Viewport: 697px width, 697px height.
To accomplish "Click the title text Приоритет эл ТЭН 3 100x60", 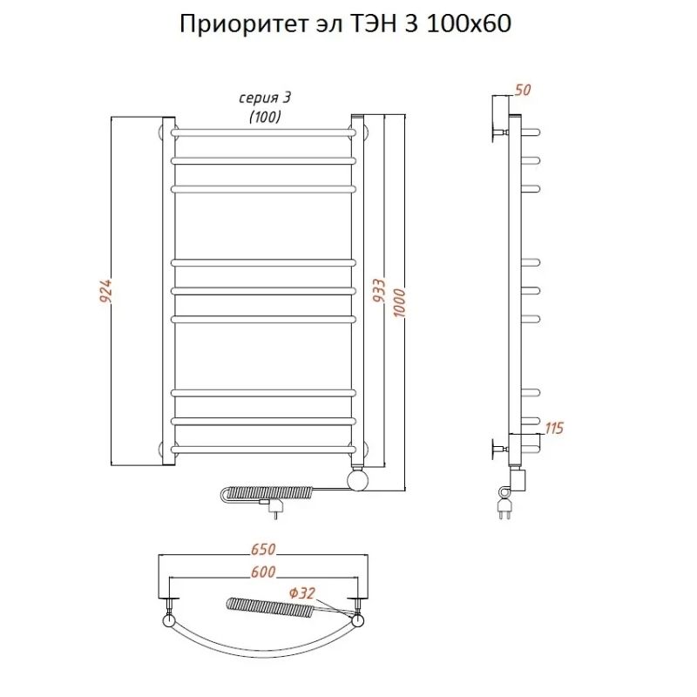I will tap(344, 24).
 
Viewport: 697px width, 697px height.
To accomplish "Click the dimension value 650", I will tap(264, 550).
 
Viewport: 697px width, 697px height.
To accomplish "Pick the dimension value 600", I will tap(264, 572).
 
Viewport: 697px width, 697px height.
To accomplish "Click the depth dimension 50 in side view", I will tap(524, 89).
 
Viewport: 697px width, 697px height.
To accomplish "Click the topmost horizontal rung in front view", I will tap(264, 132).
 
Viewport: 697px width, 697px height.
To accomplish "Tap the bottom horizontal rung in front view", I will tap(264, 450).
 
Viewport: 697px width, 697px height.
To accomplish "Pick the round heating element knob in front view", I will tap(358, 480).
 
